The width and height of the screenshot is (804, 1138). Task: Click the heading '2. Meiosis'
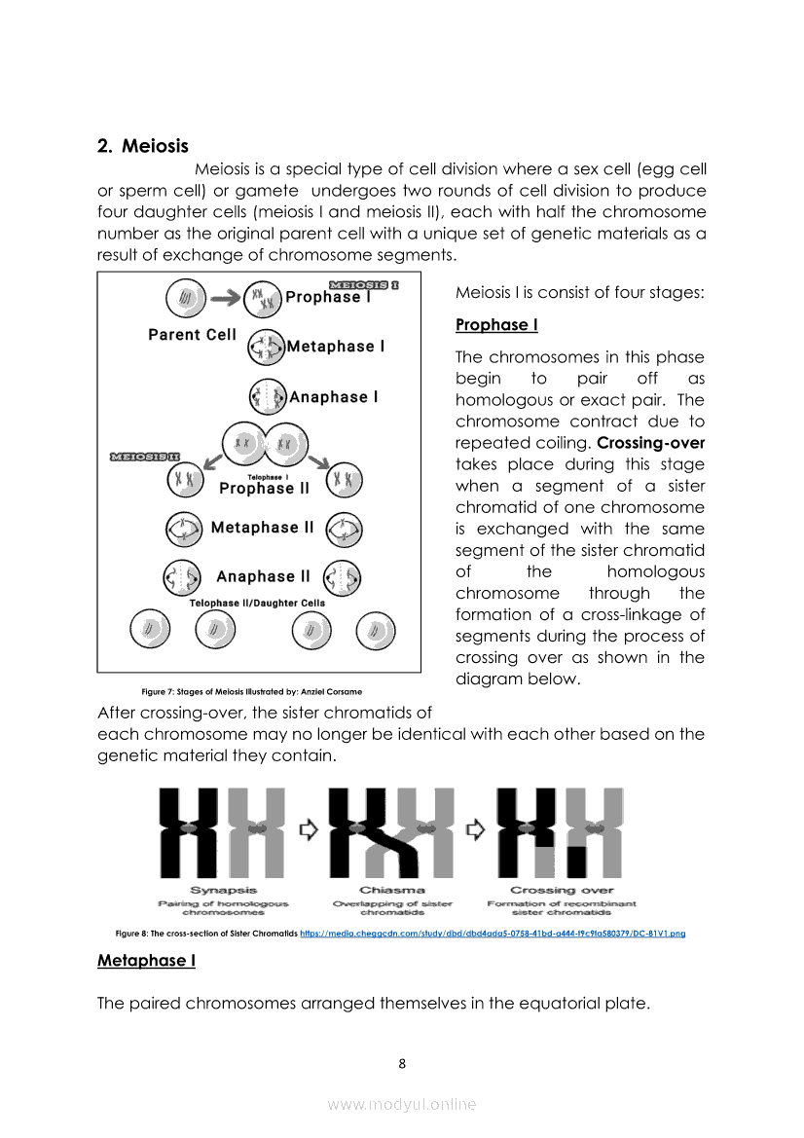pos(143,146)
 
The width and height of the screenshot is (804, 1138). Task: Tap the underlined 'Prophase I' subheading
pos(496,325)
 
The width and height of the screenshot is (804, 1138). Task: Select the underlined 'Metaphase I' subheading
pos(146,961)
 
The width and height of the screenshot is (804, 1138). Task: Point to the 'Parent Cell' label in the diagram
pos(192,335)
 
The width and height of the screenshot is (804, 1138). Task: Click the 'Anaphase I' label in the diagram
pos(334,397)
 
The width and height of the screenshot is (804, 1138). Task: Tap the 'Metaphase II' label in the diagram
pos(262,528)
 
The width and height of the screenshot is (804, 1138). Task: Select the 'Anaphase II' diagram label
pos(263,576)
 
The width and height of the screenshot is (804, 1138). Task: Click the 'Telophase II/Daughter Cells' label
pos(257,604)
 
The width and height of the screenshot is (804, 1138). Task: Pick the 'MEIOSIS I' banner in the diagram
pos(363,285)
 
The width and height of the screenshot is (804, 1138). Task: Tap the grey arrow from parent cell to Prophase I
pos(225,295)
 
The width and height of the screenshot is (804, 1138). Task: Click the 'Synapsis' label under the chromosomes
pos(223,890)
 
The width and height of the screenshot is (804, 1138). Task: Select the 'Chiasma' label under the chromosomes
pos(392,890)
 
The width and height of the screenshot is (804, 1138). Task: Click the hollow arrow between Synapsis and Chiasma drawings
pos(310,829)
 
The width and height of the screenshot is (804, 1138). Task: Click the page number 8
pos(402,1063)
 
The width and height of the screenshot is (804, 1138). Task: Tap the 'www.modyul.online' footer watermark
pos(402,1104)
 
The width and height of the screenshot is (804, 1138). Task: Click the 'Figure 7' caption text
pos(251,692)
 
